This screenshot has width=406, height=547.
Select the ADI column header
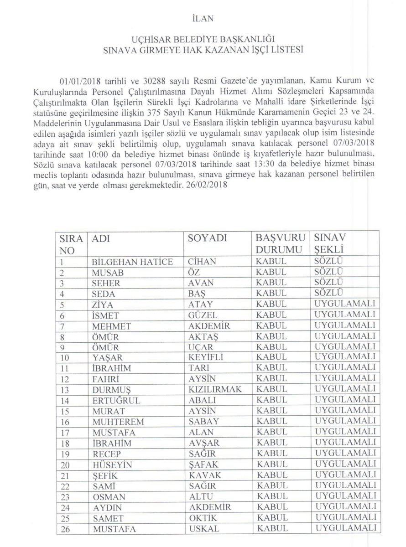pos(101,238)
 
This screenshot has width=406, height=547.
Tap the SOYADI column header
pos(208,238)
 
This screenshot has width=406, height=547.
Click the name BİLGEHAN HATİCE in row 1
pos(132,262)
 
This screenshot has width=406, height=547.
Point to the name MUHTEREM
pos(118,422)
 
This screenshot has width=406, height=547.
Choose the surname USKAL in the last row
pos(204,528)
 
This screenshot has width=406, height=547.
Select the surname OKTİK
pos(202,518)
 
